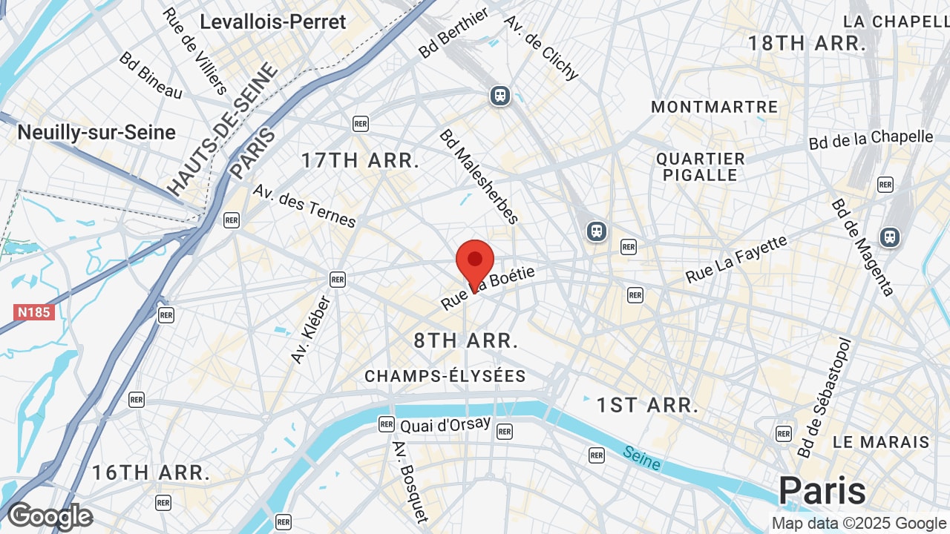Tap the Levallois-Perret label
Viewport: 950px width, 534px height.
pos(273,22)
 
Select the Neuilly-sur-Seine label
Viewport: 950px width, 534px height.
pos(96,133)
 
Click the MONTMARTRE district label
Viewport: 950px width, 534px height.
pos(714,107)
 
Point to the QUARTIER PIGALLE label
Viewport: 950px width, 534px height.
pos(701,167)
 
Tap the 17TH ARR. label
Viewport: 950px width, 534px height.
pos(360,160)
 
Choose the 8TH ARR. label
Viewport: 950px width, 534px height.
pos(465,340)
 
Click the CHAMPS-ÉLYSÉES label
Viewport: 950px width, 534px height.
pos(445,377)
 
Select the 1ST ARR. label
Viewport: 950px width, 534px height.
pos(648,405)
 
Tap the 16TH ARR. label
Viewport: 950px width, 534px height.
pos(151,472)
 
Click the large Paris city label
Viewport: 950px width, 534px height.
pos(822,491)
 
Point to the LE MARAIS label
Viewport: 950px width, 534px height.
pos(880,442)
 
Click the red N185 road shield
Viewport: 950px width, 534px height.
pos(34,311)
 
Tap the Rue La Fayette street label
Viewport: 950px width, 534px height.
pos(736,260)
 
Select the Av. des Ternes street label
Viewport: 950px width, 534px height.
pos(304,205)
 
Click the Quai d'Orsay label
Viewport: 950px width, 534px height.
pos(445,425)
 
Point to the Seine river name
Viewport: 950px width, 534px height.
pos(642,458)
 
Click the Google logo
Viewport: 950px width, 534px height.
pos(50,516)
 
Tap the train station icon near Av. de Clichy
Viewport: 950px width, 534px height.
pos(500,96)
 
